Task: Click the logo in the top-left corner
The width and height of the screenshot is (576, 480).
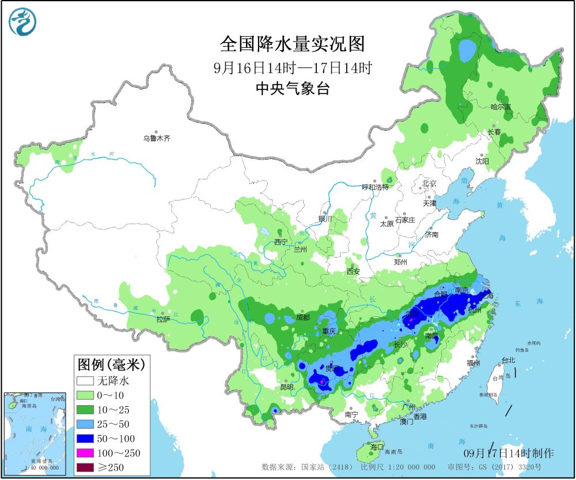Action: coord(22,22)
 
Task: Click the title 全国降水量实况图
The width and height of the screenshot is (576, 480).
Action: coord(293,44)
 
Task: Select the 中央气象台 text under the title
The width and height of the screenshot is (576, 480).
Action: coord(292,88)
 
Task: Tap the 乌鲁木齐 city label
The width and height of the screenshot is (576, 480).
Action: coord(157,138)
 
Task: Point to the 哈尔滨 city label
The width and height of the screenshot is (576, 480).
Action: coord(500,107)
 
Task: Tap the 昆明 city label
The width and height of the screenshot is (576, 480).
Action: coord(287,387)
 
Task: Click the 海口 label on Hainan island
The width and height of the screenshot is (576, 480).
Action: coord(376,447)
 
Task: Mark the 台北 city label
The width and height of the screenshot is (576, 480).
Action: coord(509,360)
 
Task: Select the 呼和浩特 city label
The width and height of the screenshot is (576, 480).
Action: coord(375,187)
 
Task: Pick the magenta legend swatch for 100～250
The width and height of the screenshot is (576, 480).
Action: coord(85,453)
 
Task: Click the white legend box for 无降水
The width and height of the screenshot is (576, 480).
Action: coord(85,381)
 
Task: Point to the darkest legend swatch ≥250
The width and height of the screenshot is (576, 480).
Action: coord(85,467)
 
